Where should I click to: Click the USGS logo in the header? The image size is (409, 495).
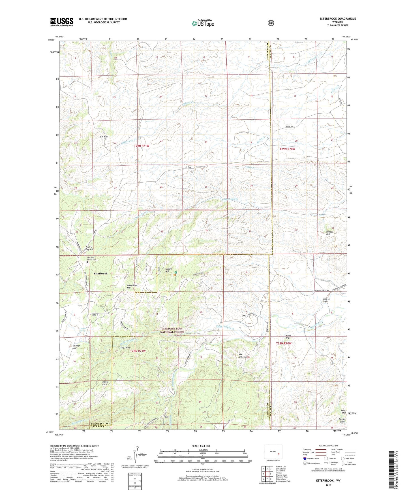(62, 22)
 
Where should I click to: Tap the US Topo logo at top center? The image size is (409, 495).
(203, 23)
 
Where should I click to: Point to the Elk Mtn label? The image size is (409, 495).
(104, 137)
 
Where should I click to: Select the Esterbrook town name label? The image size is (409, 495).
(100, 274)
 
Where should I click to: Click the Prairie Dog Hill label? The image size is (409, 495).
(89, 248)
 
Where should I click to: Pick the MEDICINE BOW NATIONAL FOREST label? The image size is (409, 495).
(172, 330)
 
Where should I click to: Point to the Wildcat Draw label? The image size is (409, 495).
(326, 300)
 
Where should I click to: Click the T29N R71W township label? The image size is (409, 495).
(142, 146)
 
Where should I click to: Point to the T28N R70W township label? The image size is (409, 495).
(283, 343)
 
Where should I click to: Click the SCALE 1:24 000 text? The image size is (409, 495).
(201, 446)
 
